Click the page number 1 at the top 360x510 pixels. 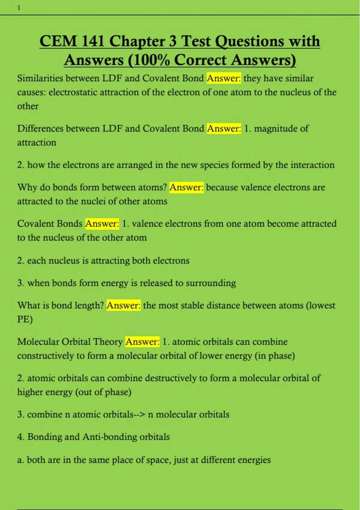[19, 8]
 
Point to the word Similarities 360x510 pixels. [40, 78]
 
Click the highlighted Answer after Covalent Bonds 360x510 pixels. [102, 223]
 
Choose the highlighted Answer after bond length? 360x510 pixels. [123, 305]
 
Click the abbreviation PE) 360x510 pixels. [25, 319]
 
